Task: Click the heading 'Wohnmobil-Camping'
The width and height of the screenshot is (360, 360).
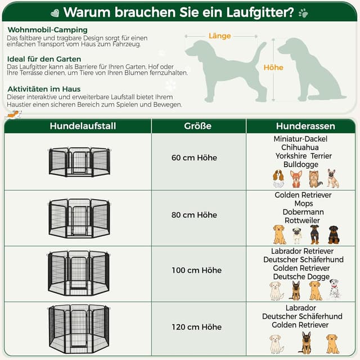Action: [47, 29]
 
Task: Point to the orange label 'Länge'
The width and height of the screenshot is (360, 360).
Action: [220, 36]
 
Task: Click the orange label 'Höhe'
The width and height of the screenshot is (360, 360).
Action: [273, 67]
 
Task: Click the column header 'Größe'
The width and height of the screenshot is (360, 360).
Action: [197, 126]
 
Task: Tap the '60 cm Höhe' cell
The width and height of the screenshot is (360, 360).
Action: [194, 158]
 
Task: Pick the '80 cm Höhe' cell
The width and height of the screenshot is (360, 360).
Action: [194, 215]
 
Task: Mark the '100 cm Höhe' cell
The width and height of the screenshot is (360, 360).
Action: [196, 271]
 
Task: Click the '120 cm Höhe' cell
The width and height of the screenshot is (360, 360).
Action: [196, 327]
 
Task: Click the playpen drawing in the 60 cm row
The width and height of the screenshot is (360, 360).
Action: [79, 161]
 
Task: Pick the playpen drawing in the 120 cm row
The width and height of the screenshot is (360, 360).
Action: [79, 328]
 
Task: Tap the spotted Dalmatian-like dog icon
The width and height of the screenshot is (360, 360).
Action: [334, 290]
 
